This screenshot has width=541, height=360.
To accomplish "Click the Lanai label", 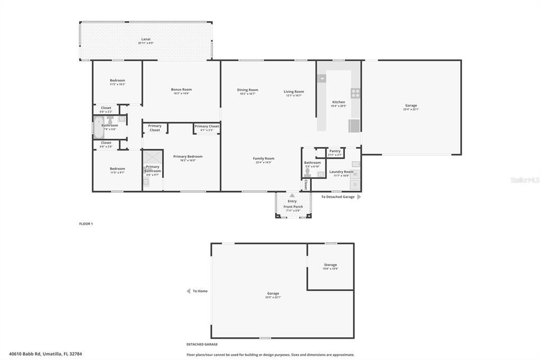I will tap(145, 39).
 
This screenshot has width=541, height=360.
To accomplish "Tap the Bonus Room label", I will tap(181, 89).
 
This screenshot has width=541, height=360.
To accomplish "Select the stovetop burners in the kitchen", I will tap(356, 93).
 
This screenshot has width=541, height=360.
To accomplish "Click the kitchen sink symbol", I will tap(322, 78).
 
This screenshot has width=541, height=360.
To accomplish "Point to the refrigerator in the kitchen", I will tap(354, 126).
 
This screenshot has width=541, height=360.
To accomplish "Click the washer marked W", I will tap(356, 174).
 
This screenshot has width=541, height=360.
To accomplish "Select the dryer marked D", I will tap(356, 185).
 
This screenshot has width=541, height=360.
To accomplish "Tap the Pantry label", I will tap(335, 151).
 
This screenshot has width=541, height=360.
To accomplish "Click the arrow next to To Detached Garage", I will tap(359, 197).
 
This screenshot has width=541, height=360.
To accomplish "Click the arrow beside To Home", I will tap(188, 291).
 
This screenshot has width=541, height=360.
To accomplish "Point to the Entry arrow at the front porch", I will tap(292, 195).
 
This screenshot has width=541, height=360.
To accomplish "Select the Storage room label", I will tap(330, 264).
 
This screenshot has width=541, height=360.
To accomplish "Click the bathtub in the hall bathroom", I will tap(98, 127).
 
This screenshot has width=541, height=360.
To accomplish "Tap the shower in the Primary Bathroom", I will tap(153, 158).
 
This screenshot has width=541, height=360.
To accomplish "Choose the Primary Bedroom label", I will tap(188, 156).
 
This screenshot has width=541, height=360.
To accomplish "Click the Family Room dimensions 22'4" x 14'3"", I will tap(263, 163).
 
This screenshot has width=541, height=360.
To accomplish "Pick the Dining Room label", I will tap(247, 90).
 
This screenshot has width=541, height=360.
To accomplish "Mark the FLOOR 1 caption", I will tap(86, 224).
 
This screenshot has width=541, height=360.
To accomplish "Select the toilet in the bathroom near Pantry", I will tap(307, 173).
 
